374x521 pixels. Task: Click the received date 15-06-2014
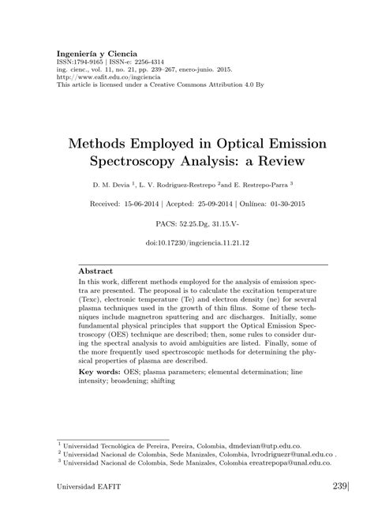tap(160, 203)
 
